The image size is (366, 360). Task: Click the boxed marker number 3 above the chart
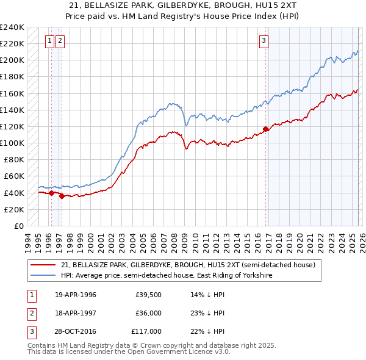(264, 41)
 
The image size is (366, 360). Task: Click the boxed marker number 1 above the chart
(49, 41)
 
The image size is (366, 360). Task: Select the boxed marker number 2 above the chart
(60, 41)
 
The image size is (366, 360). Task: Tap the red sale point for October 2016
(265, 129)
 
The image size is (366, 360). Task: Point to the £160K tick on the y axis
(12, 93)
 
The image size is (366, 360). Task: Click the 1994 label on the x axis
(27, 240)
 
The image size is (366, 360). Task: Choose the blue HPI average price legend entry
(166, 276)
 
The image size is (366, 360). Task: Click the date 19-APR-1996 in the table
(75, 295)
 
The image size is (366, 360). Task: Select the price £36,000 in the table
(148, 313)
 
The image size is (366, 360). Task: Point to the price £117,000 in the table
(146, 331)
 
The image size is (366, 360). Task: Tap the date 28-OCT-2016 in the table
(75, 331)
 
